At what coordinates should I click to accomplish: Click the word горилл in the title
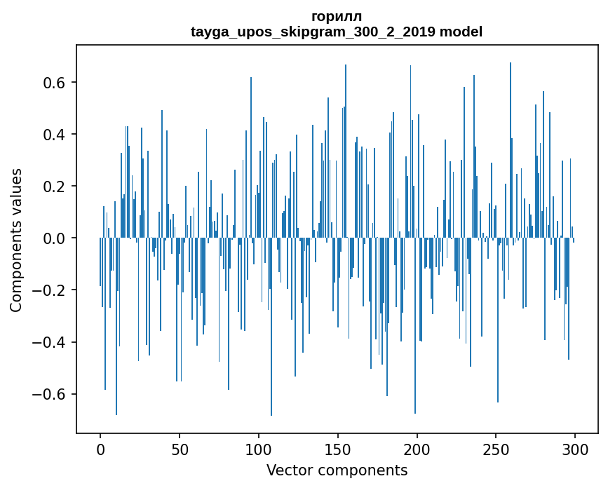[337, 16]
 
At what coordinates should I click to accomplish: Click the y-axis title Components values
[16, 240]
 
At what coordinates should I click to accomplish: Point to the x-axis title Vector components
[337, 470]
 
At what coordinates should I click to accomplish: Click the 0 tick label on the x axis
[100, 449]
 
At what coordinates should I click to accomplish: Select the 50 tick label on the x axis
[180, 449]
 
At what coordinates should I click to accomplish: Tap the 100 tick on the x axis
[259, 449]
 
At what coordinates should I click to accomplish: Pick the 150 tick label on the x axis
[338, 449]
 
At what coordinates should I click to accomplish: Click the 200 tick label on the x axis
[417, 449]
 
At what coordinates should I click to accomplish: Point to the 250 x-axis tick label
[496, 449]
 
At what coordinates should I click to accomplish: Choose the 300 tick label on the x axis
[576, 449]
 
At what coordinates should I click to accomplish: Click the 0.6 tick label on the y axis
[56, 83]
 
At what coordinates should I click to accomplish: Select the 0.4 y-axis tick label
[56, 135]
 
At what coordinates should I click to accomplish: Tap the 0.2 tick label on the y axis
[56, 187]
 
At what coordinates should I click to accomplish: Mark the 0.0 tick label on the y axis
[56, 238]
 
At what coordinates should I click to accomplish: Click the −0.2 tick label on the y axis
[51, 290]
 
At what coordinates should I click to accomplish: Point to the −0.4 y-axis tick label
[51, 342]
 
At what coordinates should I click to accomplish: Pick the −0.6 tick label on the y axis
[51, 394]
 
